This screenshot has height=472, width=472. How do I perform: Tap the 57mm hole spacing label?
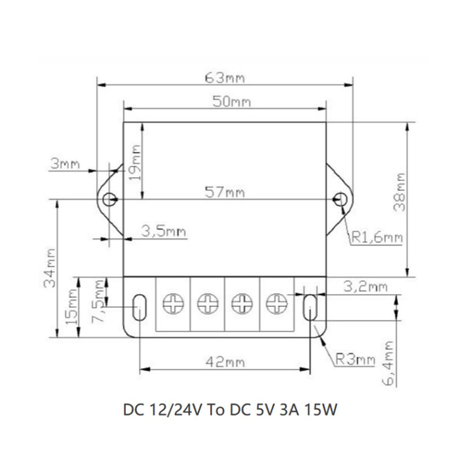(225, 192)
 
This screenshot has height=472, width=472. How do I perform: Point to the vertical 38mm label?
(400, 192)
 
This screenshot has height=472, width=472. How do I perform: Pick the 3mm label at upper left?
(65, 164)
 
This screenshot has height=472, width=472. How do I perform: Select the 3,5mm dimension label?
(164, 231)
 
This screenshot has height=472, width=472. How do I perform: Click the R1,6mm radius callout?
(377, 238)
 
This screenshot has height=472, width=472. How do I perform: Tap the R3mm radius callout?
(354, 359)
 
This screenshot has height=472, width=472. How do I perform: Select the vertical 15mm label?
(72, 307)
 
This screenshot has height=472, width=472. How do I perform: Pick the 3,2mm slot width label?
(365, 287)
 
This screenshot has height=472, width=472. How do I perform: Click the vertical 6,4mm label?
(388, 363)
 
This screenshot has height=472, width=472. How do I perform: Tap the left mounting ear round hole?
(109, 200)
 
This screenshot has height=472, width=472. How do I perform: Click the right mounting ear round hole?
(340, 199)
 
